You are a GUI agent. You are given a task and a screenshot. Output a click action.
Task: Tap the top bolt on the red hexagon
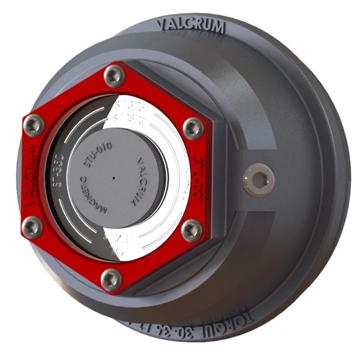click(113, 75)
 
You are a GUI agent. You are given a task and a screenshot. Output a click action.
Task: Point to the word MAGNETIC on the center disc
click(92, 199)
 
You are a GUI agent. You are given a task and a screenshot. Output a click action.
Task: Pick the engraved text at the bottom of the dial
click(116, 242)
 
